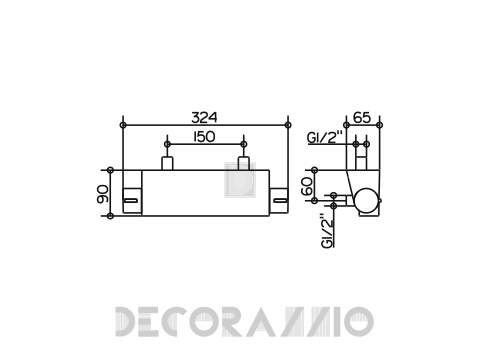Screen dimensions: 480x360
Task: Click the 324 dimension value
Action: pos(204,117)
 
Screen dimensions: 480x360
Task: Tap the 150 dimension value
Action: pos(204,137)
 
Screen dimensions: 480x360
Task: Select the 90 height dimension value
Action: pos(103,194)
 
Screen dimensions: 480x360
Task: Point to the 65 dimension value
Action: pos(362,117)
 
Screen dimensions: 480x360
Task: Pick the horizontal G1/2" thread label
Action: pos(325,137)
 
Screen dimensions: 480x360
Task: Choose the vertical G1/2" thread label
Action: pos(328,231)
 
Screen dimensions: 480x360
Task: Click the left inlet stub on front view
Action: pos(167,163)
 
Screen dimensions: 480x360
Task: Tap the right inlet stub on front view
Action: pos(244,163)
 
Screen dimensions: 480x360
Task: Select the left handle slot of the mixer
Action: pos(131,200)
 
